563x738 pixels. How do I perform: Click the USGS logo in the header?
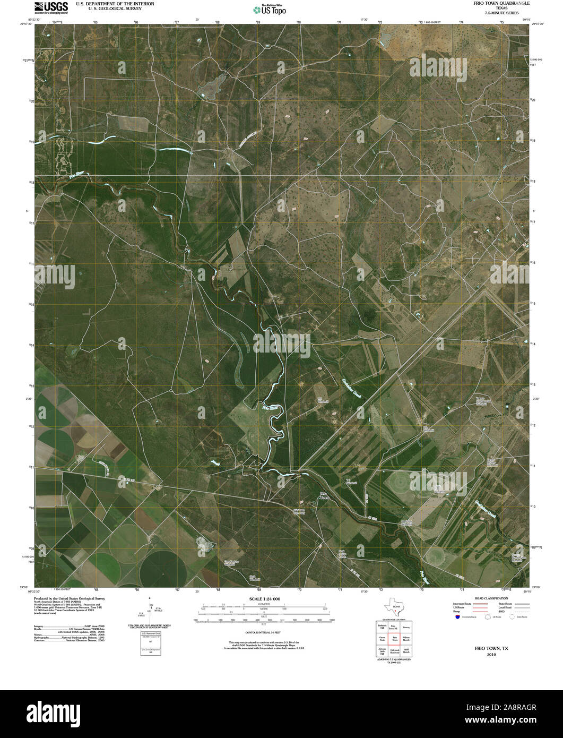(51, 7)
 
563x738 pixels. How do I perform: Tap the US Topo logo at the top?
(270, 8)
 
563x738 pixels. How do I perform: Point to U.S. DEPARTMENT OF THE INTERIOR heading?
(115, 4)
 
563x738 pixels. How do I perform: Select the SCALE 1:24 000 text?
(264, 599)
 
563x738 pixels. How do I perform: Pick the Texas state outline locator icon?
(394, 605)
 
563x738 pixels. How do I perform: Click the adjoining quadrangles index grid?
(394, 640)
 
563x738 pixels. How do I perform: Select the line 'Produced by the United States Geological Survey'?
(62, 598)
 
